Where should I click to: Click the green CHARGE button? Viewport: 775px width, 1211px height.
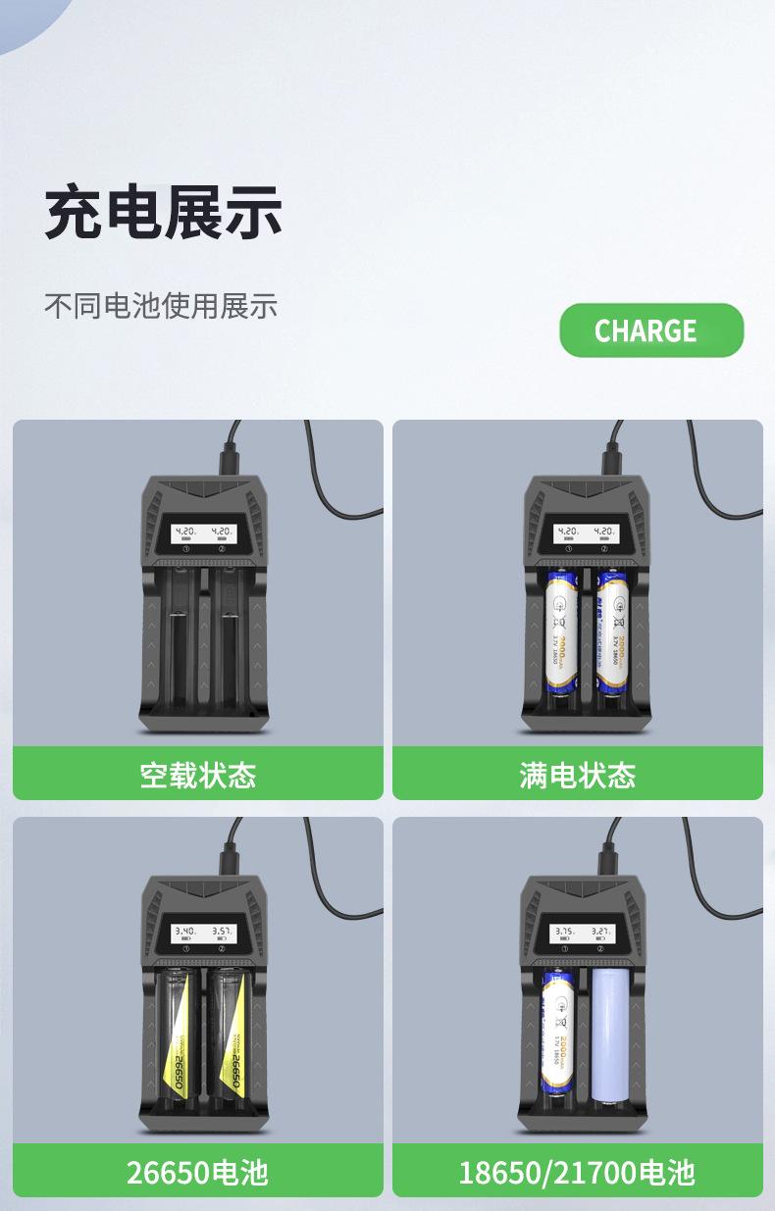651,330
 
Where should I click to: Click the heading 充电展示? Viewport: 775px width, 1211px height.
163,213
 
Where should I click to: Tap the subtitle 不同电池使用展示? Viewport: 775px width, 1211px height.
161,306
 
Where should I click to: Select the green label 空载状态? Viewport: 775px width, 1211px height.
197,775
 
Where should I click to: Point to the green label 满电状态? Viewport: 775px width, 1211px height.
577,775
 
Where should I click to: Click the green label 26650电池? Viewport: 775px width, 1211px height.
197,1171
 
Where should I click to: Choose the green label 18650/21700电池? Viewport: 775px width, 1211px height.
577,1171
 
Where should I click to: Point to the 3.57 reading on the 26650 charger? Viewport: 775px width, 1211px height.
223,930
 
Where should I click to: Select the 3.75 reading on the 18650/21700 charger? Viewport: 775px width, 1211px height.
564,930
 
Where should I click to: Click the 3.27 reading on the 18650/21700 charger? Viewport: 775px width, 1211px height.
601,930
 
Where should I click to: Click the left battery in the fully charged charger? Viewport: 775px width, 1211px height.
560,634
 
